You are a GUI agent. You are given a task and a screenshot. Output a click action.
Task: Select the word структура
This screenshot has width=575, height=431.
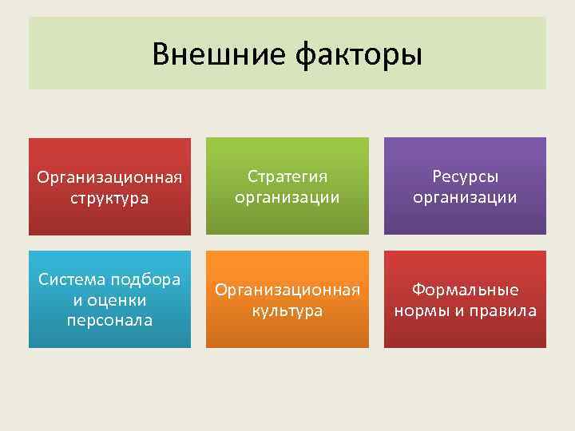point(109,197)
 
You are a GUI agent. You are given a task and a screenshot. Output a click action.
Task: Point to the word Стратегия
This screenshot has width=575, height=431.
point(287,176)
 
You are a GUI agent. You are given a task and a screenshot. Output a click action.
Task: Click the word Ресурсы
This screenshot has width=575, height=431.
point(465,176)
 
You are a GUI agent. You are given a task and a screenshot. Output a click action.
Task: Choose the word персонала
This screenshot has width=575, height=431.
point(109,320)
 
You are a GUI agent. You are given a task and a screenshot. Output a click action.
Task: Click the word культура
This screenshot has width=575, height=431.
point(287,310)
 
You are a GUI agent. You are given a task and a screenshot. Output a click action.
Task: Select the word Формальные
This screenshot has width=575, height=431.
point(465,290)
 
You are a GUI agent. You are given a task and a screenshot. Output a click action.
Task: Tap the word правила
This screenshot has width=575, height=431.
point(503,310)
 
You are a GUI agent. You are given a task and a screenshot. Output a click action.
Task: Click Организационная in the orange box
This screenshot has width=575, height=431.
point(287,290)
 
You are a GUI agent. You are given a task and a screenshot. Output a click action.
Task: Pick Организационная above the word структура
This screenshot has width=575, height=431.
point(109,176)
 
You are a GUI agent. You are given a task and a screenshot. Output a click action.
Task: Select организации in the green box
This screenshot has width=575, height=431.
point(287,196)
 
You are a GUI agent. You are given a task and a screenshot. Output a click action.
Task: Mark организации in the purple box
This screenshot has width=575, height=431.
point(465,196)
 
